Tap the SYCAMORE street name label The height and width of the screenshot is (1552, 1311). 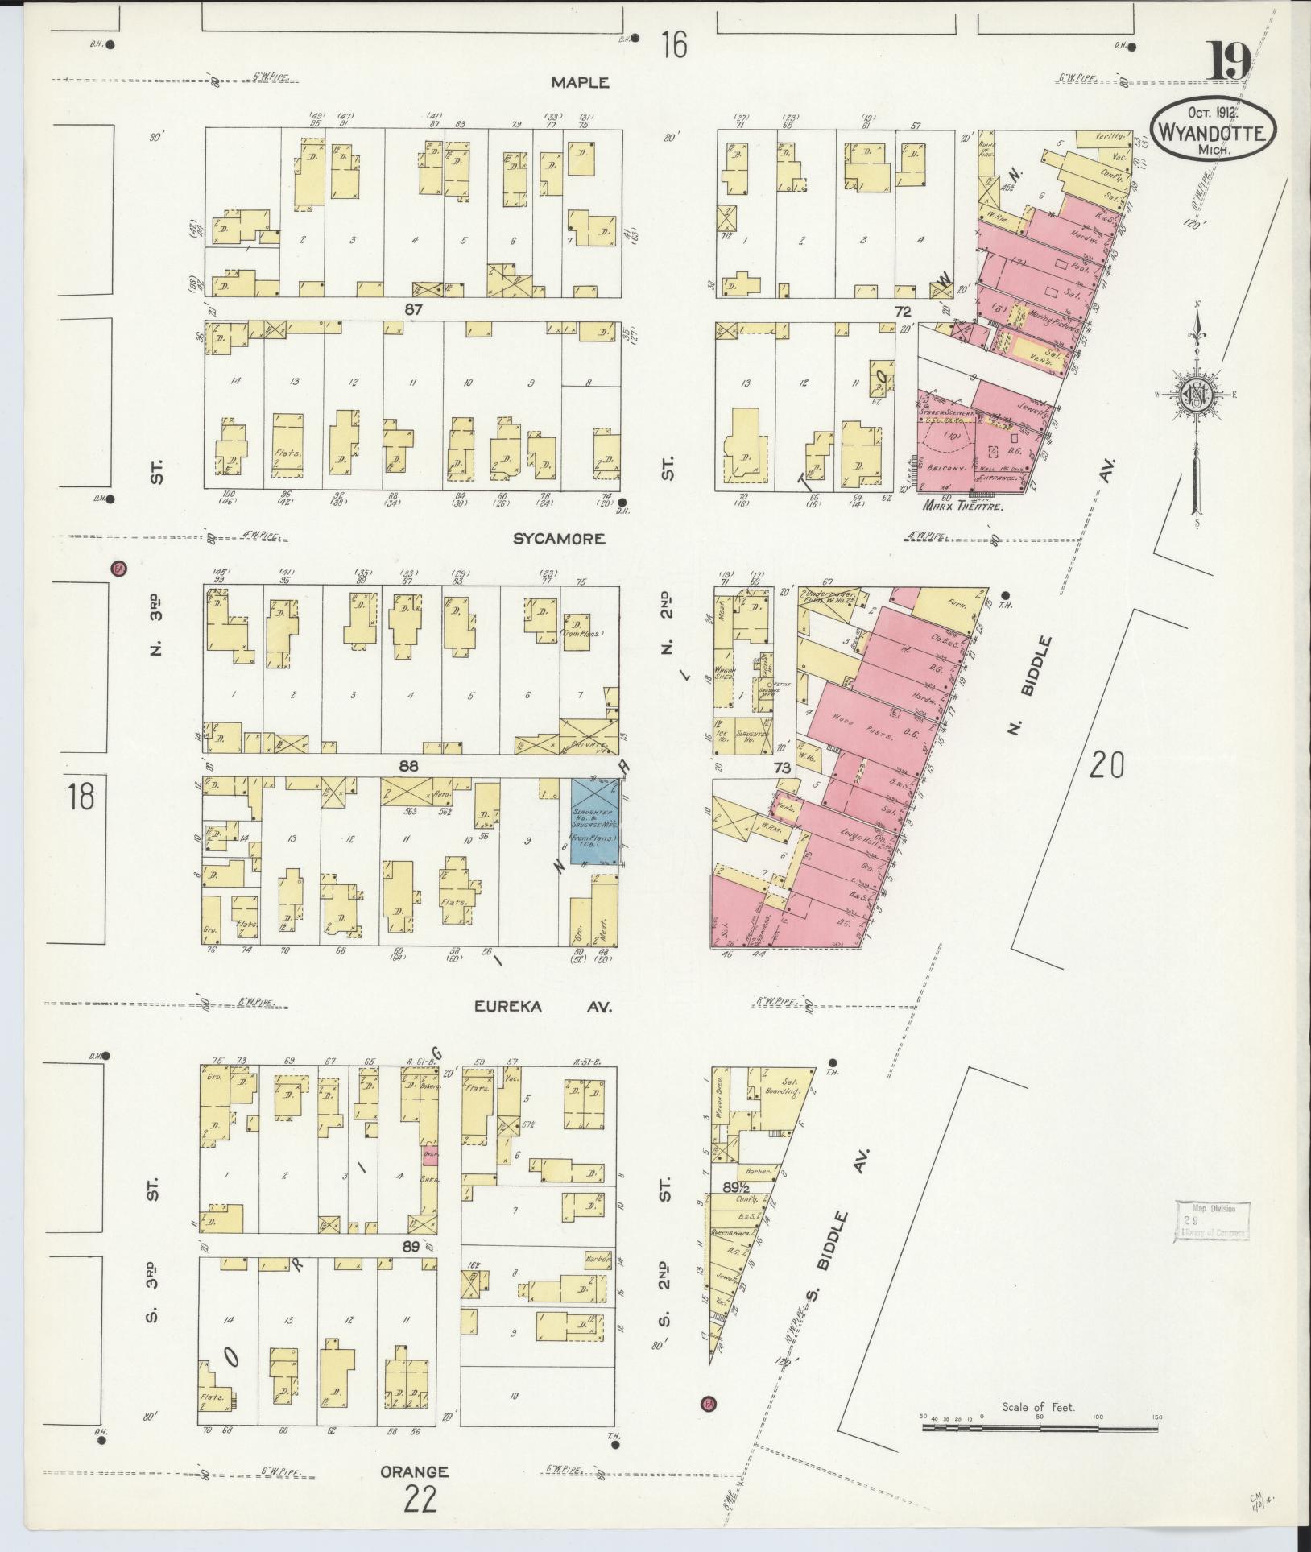559,539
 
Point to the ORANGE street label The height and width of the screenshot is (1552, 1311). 414,1471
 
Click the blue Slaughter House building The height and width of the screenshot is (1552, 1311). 594,822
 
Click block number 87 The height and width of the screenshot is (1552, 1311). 414,309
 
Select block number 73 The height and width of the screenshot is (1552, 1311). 782,769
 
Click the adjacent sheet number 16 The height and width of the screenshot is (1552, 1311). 675,45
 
